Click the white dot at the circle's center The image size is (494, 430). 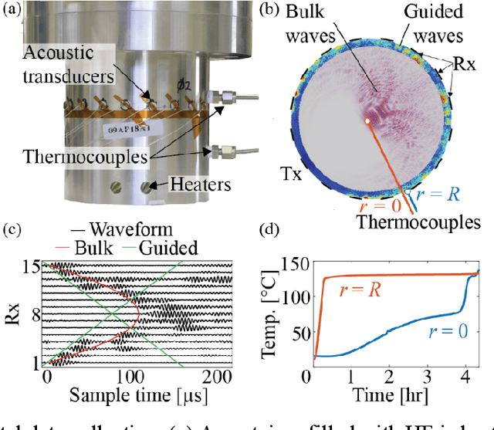[x=368, y=120]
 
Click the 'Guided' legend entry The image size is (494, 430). [x=174, y=248]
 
